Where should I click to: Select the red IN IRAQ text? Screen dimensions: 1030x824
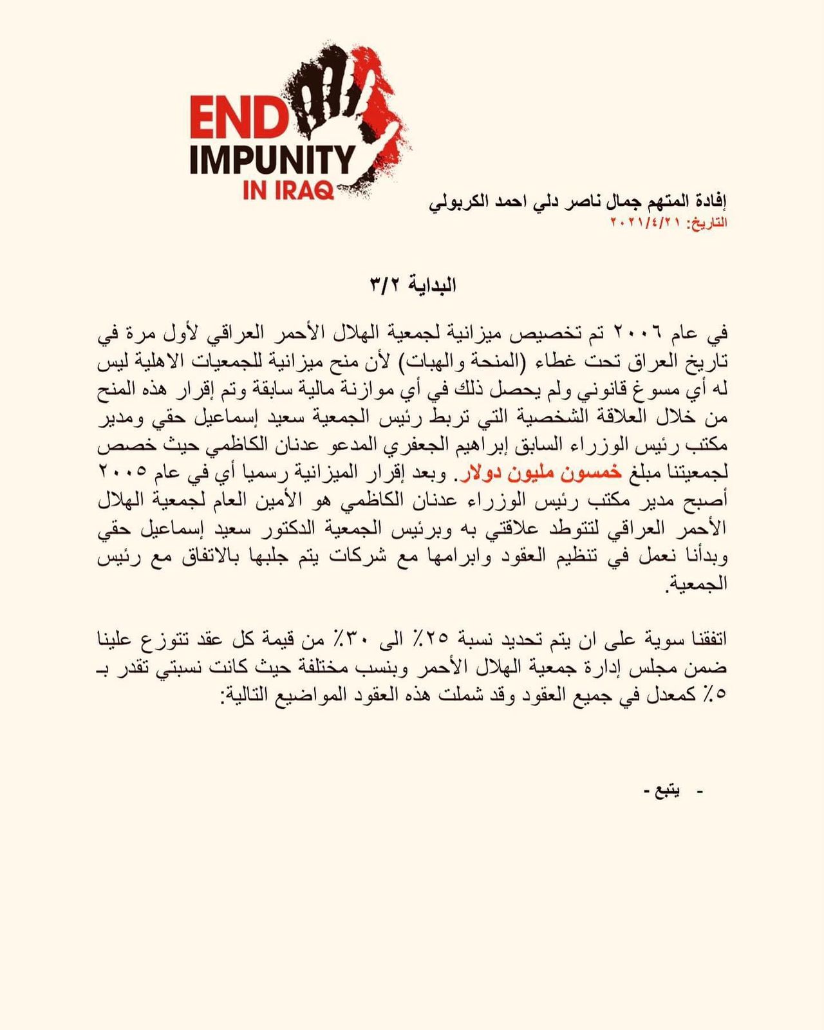288,191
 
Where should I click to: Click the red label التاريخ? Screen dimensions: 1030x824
707,223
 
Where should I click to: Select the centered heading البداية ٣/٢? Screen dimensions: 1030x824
413,285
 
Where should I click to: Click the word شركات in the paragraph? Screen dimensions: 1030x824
351,556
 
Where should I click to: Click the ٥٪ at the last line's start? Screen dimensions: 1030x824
716,695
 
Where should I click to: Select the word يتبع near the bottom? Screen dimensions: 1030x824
668,791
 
